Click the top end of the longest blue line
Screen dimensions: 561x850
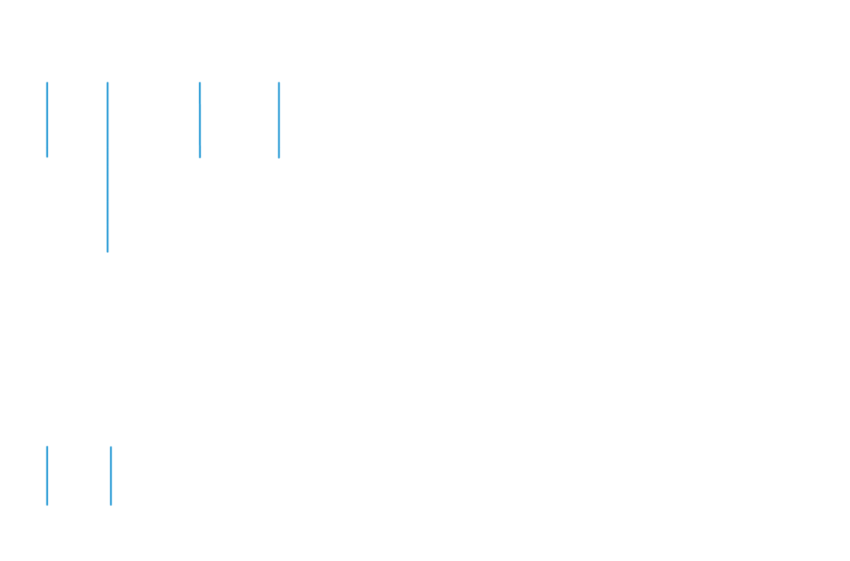click(108, 83)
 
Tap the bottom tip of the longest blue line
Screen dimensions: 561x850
click(108, 251)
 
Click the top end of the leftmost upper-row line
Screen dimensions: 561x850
click(47, 84)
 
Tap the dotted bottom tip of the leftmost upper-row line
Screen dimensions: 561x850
click(47, 156)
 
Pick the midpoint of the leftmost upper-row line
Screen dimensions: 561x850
click(47, 120)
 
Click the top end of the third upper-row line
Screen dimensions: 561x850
click(200, 83)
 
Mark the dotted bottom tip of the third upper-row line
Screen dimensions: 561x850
click(200, 157)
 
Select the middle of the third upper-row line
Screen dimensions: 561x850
click(200, 120)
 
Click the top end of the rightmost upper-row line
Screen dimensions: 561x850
click(279, 83)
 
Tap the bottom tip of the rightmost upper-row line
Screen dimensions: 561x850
click(279, 157)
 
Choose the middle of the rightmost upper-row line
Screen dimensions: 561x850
click(279, 120)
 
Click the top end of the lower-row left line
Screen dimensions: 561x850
click(47, 447)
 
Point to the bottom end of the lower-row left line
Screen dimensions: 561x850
click(47, 505)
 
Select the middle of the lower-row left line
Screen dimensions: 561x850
click(47, 476)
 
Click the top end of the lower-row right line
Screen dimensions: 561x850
click(111, 447)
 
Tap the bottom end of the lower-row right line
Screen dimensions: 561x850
click(111, 505)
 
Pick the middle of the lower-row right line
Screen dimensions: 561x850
click(111, 476)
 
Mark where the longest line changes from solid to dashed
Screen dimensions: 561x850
click(108, 147)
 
